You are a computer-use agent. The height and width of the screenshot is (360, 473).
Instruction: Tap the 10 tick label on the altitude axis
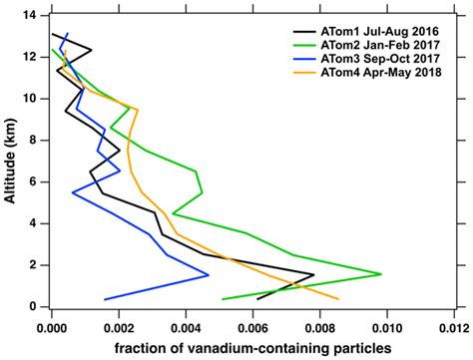[34, 99]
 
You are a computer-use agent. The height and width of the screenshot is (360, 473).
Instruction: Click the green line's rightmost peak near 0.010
[381, 273]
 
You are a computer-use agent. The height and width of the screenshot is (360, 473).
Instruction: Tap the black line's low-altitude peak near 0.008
[313, 275]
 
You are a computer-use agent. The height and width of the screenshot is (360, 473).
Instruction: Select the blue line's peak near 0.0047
[209, 274]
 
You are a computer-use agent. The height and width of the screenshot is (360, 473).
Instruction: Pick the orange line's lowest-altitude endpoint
[338, 298]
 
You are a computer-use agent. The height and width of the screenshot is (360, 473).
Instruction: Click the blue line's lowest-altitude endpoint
[104, 299]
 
